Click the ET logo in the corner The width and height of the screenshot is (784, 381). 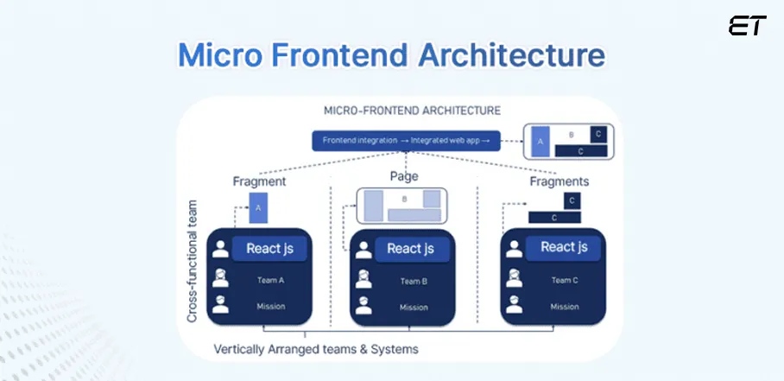[x=747, y=26]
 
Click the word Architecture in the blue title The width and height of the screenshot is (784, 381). [x=507, y=54]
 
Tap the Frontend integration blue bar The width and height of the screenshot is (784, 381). [x=406, y=140]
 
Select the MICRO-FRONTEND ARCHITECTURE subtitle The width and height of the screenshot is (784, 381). [x=412, y=111]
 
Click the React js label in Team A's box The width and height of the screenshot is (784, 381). [x=269, y=249]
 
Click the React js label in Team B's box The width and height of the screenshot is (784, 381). [x=410, y=249]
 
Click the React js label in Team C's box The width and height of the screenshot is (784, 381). [x=564, y=247]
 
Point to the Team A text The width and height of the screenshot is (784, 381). [x=270, y=280]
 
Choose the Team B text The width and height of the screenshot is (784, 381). [x=414, y=281]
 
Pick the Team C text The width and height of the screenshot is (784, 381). [x=565, y=280]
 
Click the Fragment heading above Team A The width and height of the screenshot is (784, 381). [x=259, y=182]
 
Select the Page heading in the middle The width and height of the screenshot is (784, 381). [x=403, y=176]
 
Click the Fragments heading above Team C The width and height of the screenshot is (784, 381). [x=560, y=181]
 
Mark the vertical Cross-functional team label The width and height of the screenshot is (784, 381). [x=193, y=262]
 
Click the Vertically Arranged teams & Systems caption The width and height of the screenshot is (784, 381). [x=316, y=349]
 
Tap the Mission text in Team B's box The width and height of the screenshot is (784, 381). [x=414, y=307]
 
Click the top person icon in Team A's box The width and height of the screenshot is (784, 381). [x=221, y=250]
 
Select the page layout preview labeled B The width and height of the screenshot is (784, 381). [x=402, y=206]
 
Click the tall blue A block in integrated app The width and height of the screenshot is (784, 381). [x=540, y=142]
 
